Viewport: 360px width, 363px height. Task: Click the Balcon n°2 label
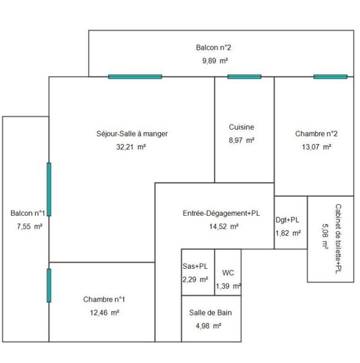pos(213,47)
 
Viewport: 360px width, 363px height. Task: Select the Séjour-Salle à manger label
pos(132,134)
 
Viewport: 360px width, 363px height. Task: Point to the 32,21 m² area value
pos(131,147)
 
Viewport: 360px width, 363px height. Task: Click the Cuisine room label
pos(241,127)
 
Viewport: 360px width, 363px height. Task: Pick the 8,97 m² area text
pos(241,141)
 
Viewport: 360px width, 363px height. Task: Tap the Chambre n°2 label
pos(316,134)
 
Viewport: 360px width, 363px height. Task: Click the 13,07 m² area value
pos(316,147)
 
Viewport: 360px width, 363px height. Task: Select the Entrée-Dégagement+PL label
pos(221,213)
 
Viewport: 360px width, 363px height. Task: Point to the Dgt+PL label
pos(288,220)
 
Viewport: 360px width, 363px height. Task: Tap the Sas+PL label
pos(195,266)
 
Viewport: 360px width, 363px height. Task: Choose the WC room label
pos(228,273)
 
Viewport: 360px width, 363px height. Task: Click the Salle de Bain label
pos(211,313)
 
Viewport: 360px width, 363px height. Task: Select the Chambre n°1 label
pos(104,300)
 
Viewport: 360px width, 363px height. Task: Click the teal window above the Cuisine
pos(244,77)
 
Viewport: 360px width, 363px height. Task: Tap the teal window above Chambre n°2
pos(330,77)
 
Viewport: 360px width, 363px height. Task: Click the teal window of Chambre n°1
pos(49,285)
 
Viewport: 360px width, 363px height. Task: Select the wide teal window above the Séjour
pos(135,77)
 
